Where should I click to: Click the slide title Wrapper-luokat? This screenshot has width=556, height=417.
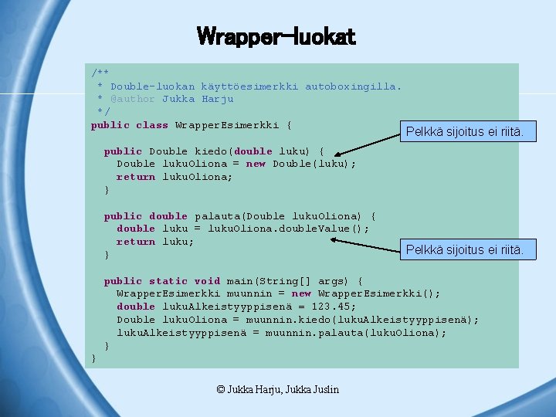[x=276, y=36]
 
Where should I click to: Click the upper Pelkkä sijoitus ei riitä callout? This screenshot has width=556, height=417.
[x=465, y=133]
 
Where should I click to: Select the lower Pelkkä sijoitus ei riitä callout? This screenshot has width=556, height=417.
[x=465, y=249]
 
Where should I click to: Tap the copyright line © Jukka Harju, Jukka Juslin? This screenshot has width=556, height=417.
[x=278, y=389]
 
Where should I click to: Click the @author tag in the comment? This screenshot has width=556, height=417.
[x=133, y=99]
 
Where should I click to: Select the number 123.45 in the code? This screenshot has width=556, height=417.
[x=334, y=307]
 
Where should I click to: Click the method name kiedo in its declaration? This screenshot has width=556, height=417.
[x=211, y=151]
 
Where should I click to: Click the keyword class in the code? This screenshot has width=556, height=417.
[x=152, y=125]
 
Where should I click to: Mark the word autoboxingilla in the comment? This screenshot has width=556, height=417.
[x=353, y=86]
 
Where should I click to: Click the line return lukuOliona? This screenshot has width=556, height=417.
[x=175, y=177]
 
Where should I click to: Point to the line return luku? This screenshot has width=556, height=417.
[x=155, y=242]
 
